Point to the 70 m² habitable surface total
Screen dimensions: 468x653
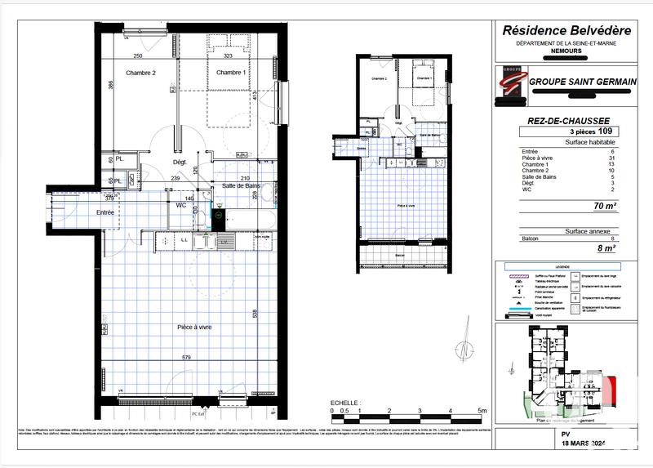(x=603, y=207)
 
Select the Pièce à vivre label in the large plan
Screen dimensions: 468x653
(x=194, y=327)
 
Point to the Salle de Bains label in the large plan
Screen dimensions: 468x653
(x=241, y=187)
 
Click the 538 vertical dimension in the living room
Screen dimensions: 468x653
(x=255, y=313)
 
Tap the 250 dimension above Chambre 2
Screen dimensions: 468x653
(x=138, y=56)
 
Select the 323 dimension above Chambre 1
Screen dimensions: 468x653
(x=229, y=56)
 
